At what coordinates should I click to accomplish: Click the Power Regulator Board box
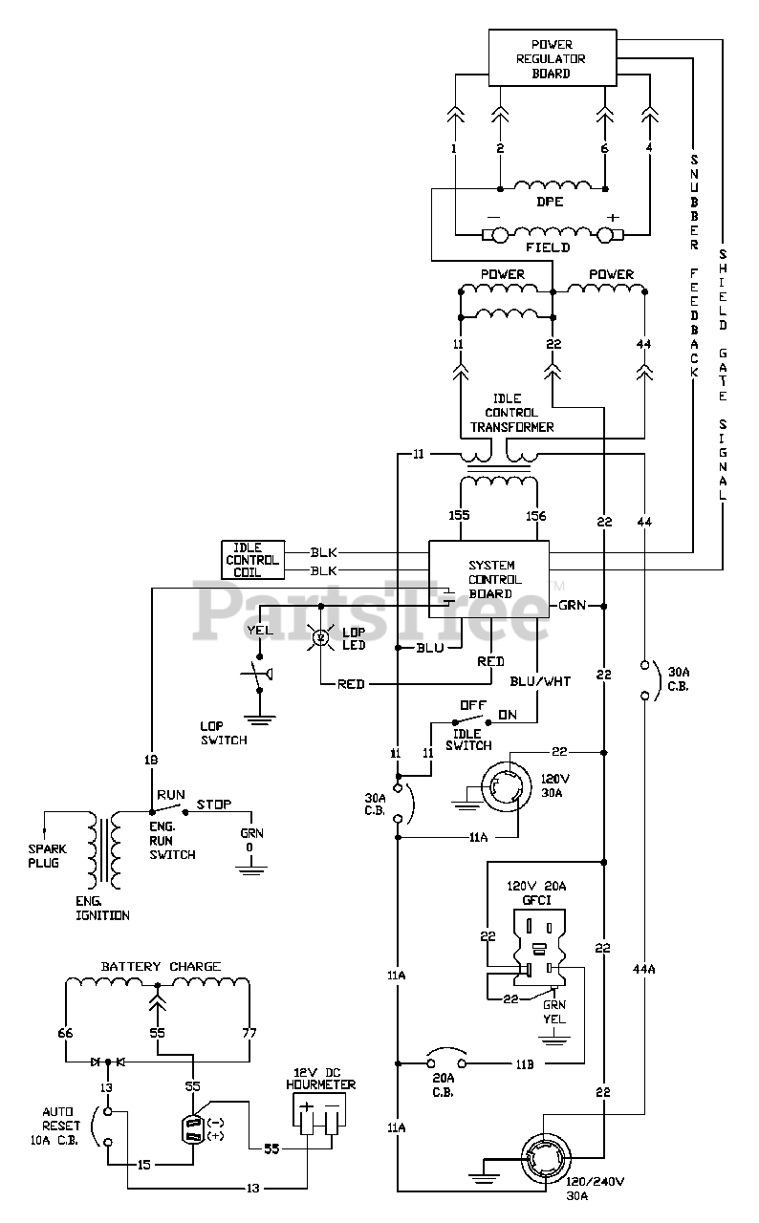click(x=553, y=58)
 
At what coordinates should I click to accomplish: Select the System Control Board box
click(x=488, y=579)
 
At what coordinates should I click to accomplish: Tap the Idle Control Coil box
click(x=252, y=560)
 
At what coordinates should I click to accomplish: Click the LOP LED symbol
click(x=320, y=636)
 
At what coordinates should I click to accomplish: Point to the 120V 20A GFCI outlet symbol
click(x=539, y=948)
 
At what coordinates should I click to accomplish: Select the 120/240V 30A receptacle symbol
click(x=546, y=1159)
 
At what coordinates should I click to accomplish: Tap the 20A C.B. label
click(x=443, y=1084)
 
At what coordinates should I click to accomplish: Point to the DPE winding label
click(x=550, y=202)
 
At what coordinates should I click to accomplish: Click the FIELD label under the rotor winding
click(x=548, y=247)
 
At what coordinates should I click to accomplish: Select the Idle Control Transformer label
click(x=511, y=413)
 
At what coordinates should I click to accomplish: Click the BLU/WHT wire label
click(x=540, y=681)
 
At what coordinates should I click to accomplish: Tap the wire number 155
click(x=459, y=515)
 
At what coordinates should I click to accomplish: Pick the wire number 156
click(x=535, y=516)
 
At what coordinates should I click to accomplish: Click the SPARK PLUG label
click(x=47, y=856)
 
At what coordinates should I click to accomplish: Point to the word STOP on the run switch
click(x=213, y=805)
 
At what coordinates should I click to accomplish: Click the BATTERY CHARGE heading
click(x=162, y=966)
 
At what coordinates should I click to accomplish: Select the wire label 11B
click(x=525, y=1064)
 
